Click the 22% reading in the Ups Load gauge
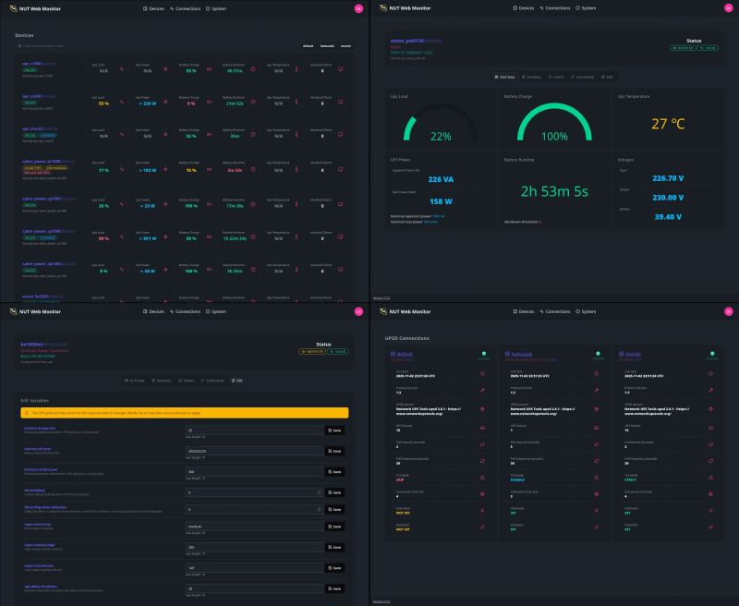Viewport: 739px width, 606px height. point(441,136)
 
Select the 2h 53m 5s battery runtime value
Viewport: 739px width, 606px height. point(554,192)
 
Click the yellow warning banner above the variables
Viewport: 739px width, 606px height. point(185,412)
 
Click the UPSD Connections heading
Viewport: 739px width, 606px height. point(408,338)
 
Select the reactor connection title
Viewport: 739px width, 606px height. point(636,353)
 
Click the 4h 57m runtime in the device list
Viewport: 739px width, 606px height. point(233,70)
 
